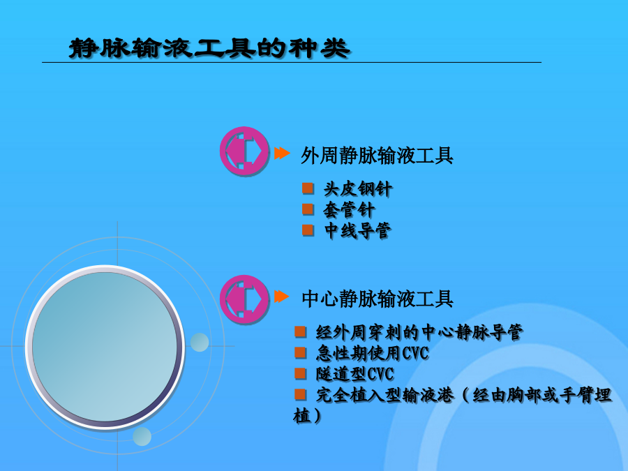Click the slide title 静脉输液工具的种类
209,48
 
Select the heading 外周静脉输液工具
377,156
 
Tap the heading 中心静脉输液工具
377,299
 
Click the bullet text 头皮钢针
358,189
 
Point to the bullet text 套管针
350,210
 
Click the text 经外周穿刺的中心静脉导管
419,332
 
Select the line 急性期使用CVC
372,353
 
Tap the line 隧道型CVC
355,374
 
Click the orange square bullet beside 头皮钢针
308,188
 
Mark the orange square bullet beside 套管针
308,209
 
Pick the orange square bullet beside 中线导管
308,230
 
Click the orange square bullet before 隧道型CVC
300,373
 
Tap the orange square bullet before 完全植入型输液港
300,394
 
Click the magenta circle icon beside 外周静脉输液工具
244,151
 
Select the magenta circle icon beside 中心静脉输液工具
244,299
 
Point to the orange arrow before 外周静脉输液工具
282,153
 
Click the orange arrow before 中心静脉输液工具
282,297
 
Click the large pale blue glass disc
105,347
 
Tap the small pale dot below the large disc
142,436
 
